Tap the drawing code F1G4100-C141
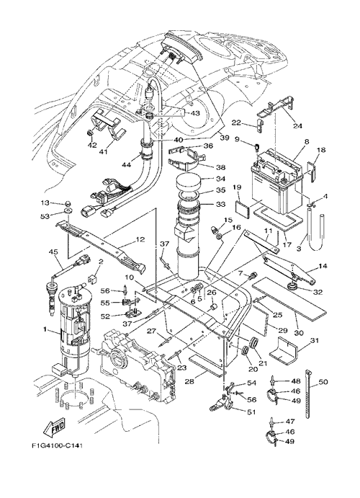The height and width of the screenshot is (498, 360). click(x=58, y=446)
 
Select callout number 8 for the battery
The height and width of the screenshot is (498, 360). click(x=307, y=142)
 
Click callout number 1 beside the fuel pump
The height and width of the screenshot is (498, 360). click(x=45, y=330)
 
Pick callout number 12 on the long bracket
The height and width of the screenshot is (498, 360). click(x=140, y=239)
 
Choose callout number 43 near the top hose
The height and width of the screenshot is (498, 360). click(x=195, y=113)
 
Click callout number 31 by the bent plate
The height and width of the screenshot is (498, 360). click(x=314, y=341)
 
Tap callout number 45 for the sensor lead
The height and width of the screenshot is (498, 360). click(x=53, y=252)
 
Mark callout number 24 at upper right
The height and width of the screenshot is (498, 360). click(x=297, y=125)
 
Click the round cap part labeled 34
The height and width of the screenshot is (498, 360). click(x=189, y=182)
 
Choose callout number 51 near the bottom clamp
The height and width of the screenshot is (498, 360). click(x=251, y=412)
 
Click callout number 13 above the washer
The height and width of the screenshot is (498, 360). click(x=45, y=203)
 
